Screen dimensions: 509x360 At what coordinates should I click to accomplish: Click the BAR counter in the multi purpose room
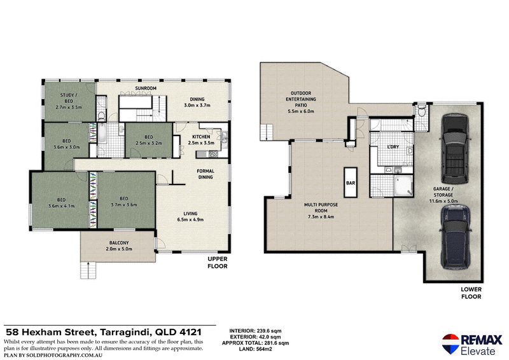click(351, 182)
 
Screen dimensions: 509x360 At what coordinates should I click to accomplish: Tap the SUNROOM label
click(146, 88)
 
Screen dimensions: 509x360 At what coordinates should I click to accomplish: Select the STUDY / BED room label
click(69, 98)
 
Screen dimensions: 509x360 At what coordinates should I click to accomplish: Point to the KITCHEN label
click(201, 137)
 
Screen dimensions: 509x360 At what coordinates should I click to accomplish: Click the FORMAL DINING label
click(206, 174)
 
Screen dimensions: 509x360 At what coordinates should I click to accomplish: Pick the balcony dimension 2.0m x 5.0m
click(119, 249)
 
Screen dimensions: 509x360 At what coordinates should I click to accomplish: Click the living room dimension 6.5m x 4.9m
click(190, 219)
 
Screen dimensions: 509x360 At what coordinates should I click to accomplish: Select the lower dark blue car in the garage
click(456, 237)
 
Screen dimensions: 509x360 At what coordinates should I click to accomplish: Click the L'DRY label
click(393, 147)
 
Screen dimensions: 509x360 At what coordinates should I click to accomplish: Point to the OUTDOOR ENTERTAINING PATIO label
click(301, 99)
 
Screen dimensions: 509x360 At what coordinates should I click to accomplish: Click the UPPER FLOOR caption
click(218, 263)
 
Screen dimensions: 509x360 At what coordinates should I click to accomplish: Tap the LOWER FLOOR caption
click(471, 293)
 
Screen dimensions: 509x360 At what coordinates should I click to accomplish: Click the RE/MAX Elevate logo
click(472, 344)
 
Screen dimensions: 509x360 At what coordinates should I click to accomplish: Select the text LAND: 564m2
click(256, 349)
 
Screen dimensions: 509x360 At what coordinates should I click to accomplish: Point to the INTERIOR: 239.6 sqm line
click(256, 331)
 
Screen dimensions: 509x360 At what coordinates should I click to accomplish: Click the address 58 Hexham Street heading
click(50, 333)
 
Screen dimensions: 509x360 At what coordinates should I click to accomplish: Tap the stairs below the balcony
click(88, 270)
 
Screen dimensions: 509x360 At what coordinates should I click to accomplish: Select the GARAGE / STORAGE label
click(443, 192)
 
